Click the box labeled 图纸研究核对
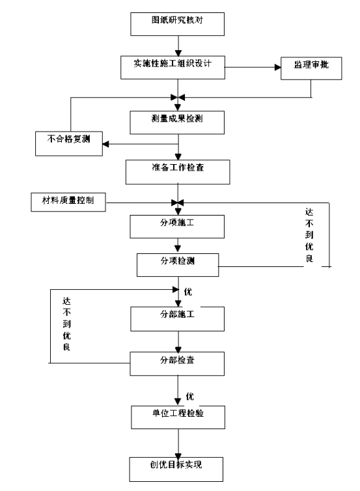point(177,24)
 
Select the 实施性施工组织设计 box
point(173,67)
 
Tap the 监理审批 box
point(311,68)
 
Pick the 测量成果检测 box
point(177,122)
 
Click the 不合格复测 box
point(69,144)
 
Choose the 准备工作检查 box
point(178,172)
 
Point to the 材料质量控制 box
point(68,203)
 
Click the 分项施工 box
point(177,227)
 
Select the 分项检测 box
point(178,265)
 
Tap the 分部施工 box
point(178,319)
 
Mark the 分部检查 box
point(177,363)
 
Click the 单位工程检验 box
point(178,417)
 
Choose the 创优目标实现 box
point(176,470)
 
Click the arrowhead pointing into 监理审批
point(278,67)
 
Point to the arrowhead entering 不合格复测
point(106,144)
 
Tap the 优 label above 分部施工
point(188,292)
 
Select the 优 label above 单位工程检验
point(189,397)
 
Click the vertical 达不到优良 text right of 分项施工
point(309,235)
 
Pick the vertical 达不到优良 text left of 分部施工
point(66,324)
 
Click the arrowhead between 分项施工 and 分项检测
point(178,248)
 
